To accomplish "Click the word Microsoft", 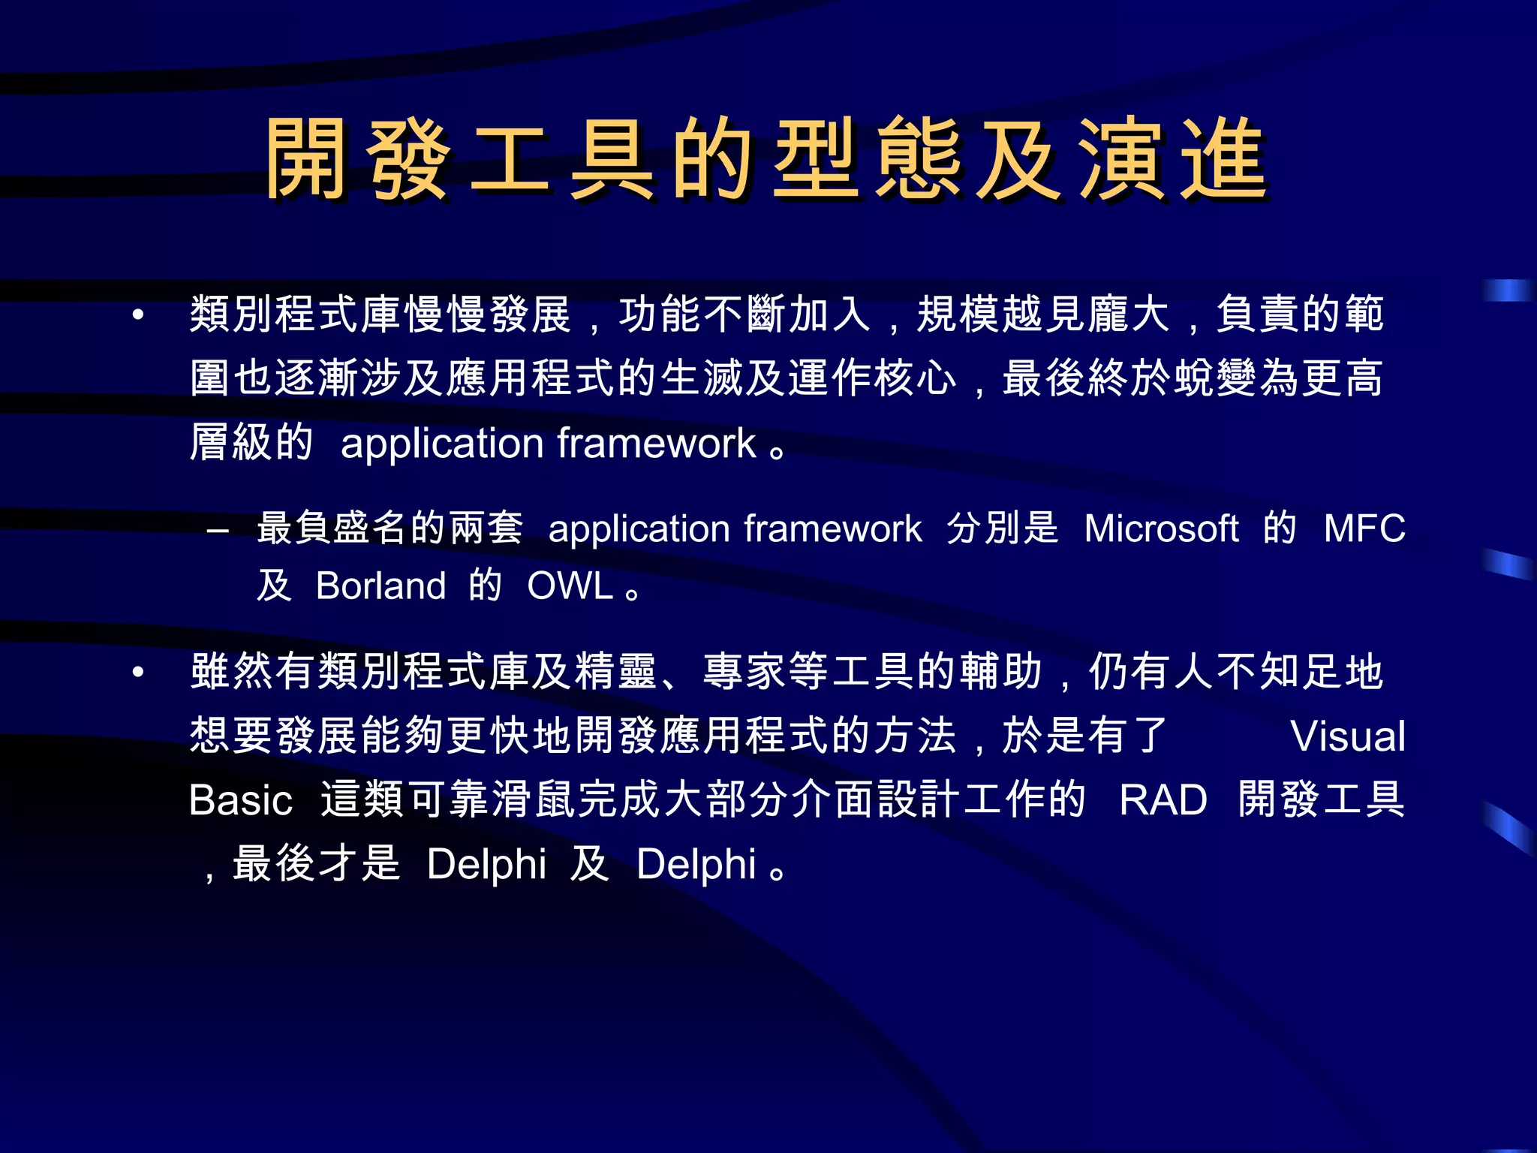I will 1161,528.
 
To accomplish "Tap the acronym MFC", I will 1364,528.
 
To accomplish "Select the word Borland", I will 380,586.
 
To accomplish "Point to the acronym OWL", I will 570,586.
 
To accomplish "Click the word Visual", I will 1348,736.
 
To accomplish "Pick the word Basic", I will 240,800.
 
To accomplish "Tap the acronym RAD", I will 1163,800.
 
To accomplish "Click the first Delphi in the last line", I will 486,864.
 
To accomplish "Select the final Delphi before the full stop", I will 696,864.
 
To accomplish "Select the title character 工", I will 510,159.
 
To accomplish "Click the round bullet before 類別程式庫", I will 137,315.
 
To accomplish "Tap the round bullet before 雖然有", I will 137,673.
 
